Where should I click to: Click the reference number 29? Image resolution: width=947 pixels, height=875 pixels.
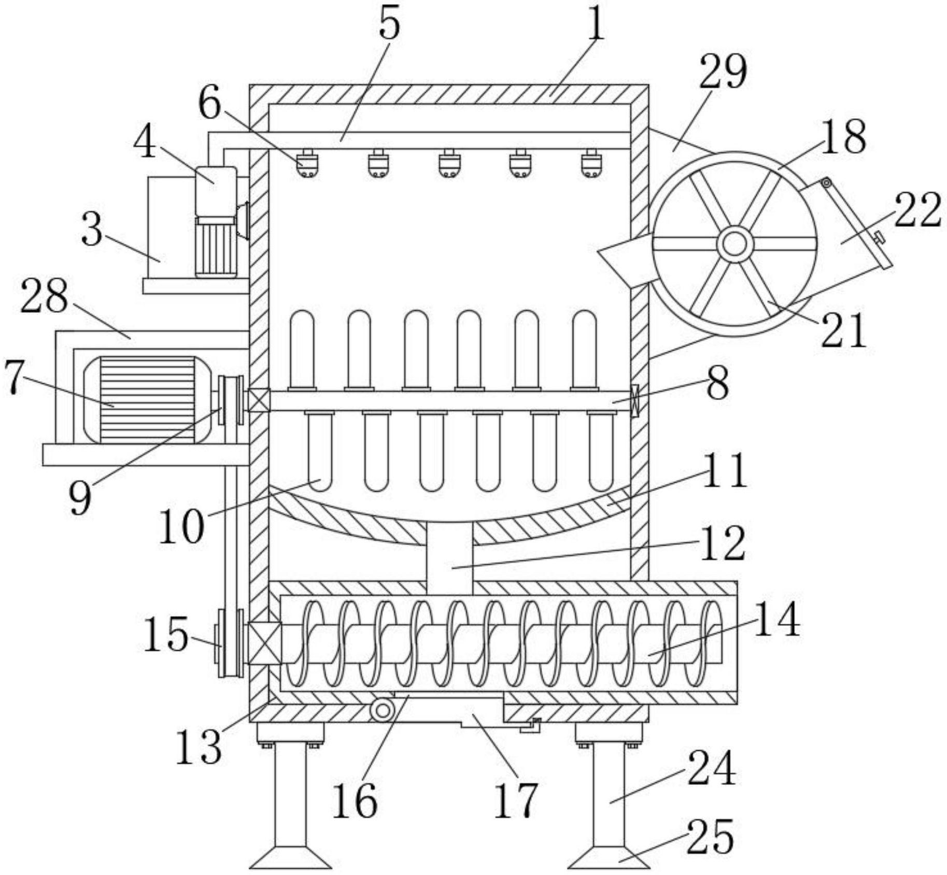(x=724, y=72)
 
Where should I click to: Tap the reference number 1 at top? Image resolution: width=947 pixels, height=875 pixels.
(x=597, y=24)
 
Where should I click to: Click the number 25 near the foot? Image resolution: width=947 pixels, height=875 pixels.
(x=710, y=837)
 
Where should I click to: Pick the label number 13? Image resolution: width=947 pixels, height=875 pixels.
(x=199, y=747)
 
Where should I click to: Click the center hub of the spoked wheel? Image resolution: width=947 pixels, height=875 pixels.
(x=734, y=244)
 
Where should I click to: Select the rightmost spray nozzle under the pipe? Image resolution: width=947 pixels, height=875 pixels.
(x=590, y=163)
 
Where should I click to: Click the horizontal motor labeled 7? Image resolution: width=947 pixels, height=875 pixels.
(x=147, y=399)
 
